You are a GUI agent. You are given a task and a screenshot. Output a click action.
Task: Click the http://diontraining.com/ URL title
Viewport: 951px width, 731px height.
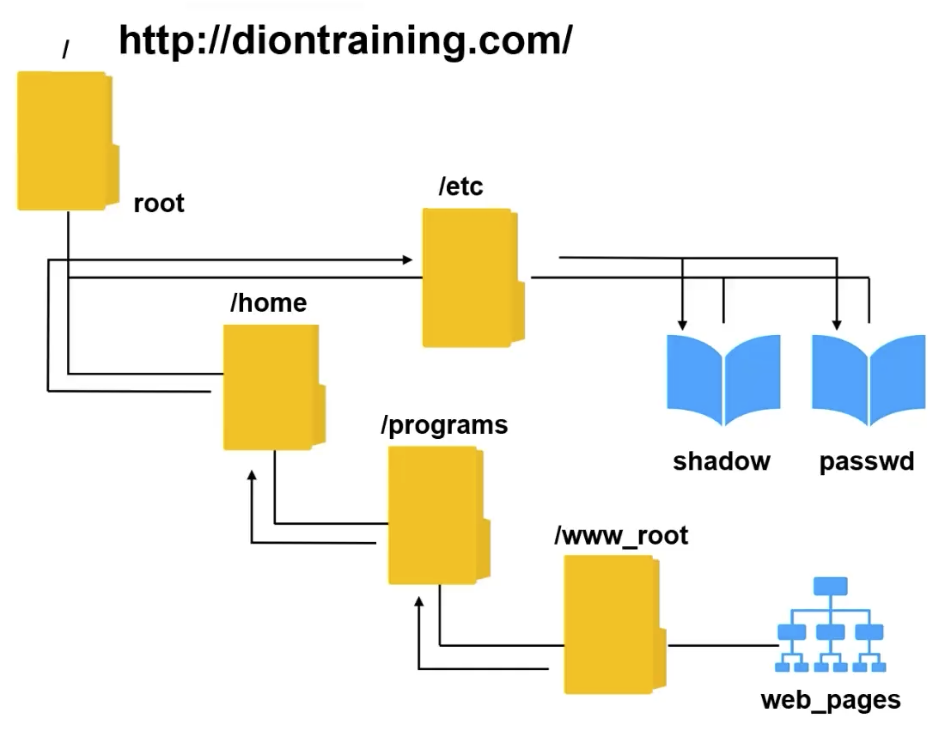coord(344,40)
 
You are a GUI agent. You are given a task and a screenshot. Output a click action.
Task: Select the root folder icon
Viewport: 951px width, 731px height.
coord(67,141)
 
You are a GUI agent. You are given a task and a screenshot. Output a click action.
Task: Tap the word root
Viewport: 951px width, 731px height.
coord(159,204)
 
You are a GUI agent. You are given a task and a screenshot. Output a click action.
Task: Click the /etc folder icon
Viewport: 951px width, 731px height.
coord(472,277)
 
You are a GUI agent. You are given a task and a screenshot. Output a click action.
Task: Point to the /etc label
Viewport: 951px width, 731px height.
coord(460,186)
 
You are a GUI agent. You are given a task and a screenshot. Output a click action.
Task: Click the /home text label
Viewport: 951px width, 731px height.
coord(268,302)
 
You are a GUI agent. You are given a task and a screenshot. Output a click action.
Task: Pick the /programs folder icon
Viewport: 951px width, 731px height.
coord(438,515)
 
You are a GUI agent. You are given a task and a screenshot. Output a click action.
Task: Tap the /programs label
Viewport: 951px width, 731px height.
coord(444,425)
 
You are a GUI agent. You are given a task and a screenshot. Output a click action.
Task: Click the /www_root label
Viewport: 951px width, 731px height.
coord(621,536)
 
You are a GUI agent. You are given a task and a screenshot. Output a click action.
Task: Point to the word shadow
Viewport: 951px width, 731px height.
coord(722,461)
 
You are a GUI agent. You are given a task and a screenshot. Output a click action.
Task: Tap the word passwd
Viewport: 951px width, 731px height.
coord(866,461)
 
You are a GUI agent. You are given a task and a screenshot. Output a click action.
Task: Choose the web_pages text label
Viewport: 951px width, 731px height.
coord(831,700)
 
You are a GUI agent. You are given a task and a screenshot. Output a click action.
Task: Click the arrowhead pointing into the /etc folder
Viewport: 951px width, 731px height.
coord(406,259)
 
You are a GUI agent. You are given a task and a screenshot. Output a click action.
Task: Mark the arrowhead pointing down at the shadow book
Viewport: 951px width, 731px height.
coord(682,325)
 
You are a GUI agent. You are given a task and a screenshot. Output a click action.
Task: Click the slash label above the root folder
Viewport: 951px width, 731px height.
coord(65,50)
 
